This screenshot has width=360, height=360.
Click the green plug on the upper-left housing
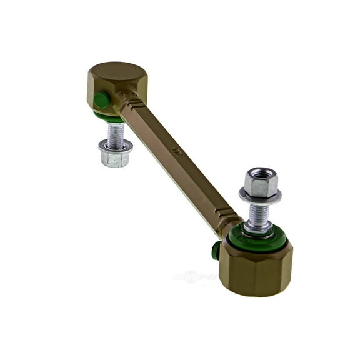click(100, 99)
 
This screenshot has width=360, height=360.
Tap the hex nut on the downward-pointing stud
click(114, 158)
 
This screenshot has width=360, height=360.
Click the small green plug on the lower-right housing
click(216, 250)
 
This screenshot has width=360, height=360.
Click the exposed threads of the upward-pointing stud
click(260, 214)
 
